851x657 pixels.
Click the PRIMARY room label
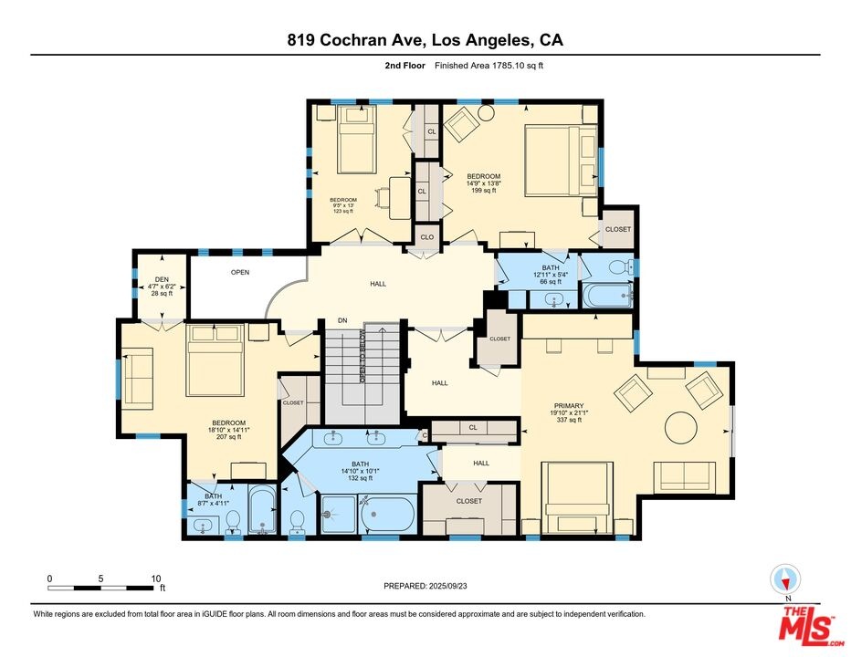pos(568,406)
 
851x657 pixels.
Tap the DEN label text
pos(162,280)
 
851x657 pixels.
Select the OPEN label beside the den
pos(240,272)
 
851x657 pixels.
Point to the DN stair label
pos(342,320)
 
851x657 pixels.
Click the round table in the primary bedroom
pos(681,428)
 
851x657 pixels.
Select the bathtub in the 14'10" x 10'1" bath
pos(387,515)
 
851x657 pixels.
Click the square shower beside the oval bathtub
pos(338,513)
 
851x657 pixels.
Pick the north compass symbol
pos(785,579)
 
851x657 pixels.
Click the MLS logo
pos(806,627)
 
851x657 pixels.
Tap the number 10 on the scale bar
pos(156,579)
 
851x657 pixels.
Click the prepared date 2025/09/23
pos(447,586)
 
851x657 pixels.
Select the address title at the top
pos(425,40)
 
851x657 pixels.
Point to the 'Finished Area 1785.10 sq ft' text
pos(489,66)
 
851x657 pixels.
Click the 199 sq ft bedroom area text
pos(484,191)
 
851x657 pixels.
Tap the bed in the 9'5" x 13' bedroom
pos(357,140)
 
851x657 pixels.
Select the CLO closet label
pos(427,237)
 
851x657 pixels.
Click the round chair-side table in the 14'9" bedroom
pos(487,113)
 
